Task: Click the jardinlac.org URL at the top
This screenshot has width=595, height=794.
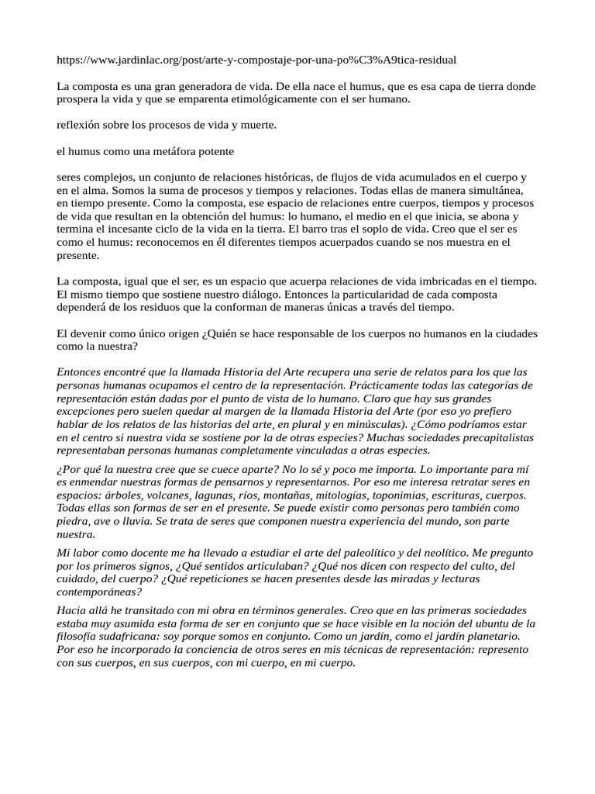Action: click(256, 59)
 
